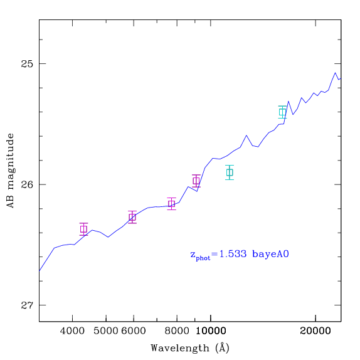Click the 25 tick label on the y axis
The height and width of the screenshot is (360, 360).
pyautogui.click(x=27, y=63)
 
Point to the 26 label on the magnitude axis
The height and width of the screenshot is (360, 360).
pyautogui.click(x=27, y=184)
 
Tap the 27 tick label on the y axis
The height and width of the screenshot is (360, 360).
pyautogui.click(x=27, y=305)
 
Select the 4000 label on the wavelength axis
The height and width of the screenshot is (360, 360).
pyautogui.click(x=72, y=331)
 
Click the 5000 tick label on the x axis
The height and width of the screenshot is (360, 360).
pyautogui.click(x=106, y=331)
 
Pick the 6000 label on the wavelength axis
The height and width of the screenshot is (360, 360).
pyautogui.click(x=134, y=331)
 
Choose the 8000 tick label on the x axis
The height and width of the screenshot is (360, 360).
pyautogui.click(x=177, y=331)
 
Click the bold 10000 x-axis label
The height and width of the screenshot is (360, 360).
pyautogui.click(x=211, y=331)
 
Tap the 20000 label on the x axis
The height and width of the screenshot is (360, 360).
pyautogui.click(x=315, y=331)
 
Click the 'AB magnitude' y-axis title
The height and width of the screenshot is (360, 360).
pyautogui.click(x=10, y=171)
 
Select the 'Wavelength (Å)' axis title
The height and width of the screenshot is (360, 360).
pyautogui.click(x=190, y=348)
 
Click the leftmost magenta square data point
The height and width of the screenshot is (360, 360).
pyautogui.click(x=83, y=229)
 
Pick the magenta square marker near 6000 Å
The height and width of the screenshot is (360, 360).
pyautogui.click(x=132, y=217)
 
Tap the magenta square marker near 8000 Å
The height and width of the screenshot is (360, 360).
pyautogui.click(x=171, y=204)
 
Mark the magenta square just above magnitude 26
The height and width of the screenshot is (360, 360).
pyautogui.click(x=196, y=181)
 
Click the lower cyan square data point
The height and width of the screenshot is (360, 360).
pyautogui.click(x=230, y=172)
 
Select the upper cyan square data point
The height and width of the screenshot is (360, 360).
pyautogui.click(x=282, y=112)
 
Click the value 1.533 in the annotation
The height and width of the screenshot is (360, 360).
pyautogui.click(x=233, y=254)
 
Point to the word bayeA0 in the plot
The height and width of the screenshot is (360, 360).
pyautogui.click(x=270, y=255)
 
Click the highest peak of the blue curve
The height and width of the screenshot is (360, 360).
pyautogui.click(x=335, y=73)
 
